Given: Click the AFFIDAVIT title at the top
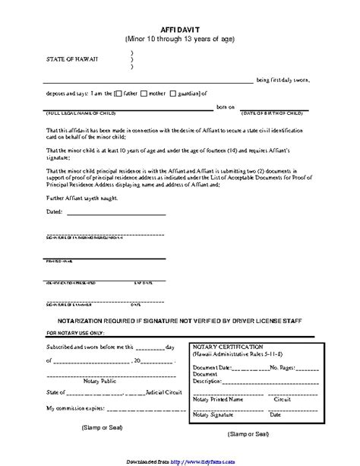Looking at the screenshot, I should tap(181, 24).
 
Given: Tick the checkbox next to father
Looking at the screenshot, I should tap(118, 94).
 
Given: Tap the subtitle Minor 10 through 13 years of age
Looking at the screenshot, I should tap(180, 36).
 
